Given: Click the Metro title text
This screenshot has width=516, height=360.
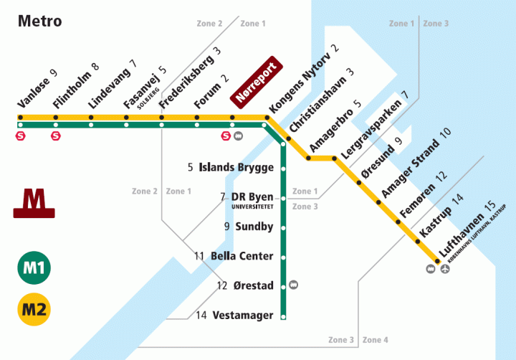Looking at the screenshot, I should pyautogui.click(x=40, y=21).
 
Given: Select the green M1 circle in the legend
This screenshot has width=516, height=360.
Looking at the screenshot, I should pyautogui.click(x=33, y=268).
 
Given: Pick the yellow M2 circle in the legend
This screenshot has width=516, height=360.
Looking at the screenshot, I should pyautogui.click(x=33, y=310).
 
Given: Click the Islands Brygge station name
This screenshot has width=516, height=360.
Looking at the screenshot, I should pyautogui.click(x=236, y=168).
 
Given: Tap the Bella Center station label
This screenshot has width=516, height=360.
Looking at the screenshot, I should pyautogui.click(x=242, y=256).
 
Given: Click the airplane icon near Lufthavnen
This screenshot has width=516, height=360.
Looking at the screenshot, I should pyautogui.click(x=446, y=269).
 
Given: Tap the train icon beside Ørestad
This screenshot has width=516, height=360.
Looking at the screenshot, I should pyautogui.click(x=294, y=285).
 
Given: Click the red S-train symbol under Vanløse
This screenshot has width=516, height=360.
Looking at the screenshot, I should pyautogui.click(x=20, y=134).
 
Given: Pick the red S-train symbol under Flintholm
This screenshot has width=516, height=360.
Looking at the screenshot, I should pyautogui.click(x=55, y=134).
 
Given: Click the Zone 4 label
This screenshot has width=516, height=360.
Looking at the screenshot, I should pyautogui.click(x=376, y=339).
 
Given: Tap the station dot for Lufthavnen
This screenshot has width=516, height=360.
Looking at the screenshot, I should pyautogui.click(x=436, y=260).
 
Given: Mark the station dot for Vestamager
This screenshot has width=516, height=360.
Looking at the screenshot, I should pyautogui.click(x=284, y=315).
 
